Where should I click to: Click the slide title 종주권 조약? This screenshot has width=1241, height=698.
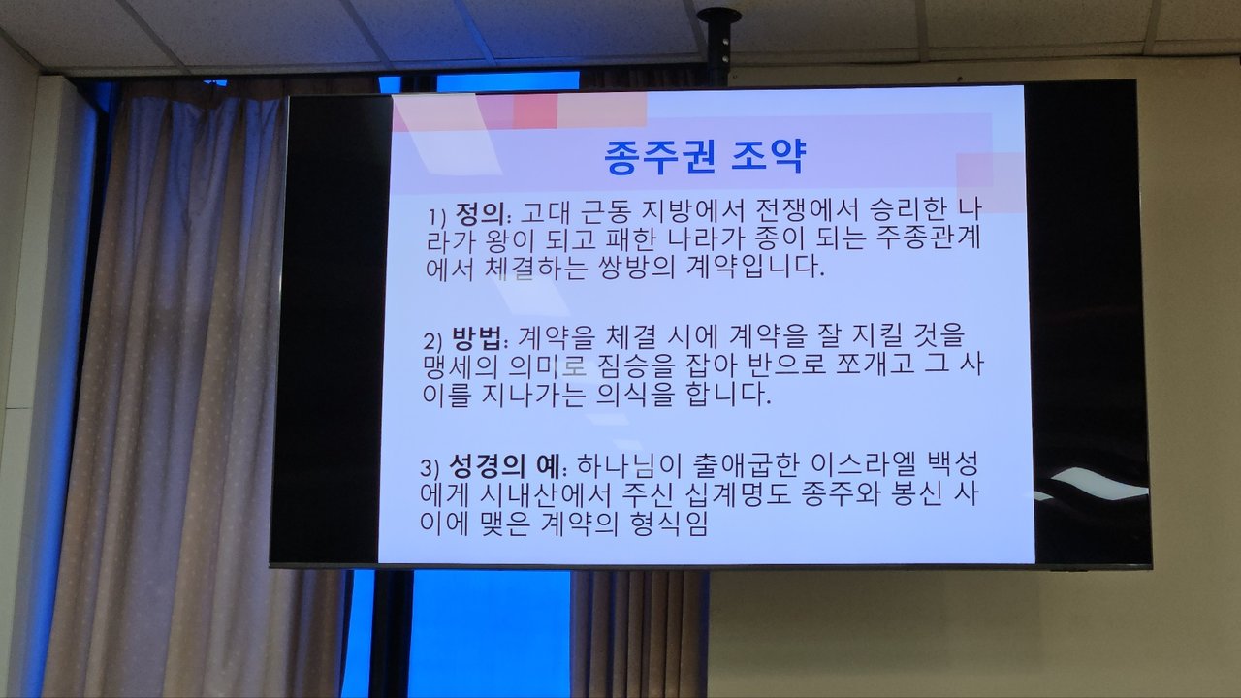[x=704, y=157]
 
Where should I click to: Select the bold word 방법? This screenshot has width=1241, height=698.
[x=476, y=338]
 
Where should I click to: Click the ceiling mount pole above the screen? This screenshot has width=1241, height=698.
[x=719, y=48]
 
